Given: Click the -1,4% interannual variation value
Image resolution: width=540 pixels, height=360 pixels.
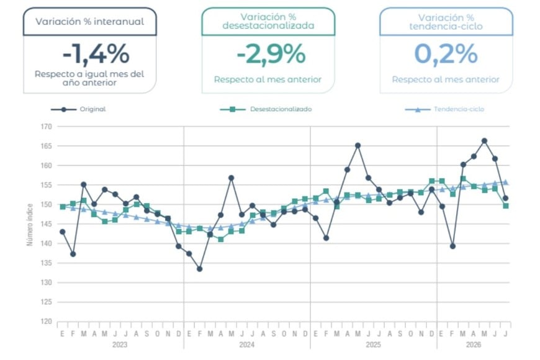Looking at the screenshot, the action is point(96,54).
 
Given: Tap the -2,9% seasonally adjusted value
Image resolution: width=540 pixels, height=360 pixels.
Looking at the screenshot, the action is point(271,54).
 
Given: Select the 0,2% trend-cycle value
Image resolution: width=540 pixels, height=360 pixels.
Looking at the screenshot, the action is point(446,54).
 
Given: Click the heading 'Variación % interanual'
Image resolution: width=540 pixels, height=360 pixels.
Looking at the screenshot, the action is point(90,21).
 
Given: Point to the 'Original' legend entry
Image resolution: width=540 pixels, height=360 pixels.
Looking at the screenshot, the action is point(79,109).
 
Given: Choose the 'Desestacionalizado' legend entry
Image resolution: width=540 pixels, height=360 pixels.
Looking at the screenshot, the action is point(266,109).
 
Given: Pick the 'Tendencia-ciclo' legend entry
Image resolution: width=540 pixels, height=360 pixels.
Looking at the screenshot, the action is point(444,109).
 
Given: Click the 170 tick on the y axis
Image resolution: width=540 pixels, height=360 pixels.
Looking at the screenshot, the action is point(46,127).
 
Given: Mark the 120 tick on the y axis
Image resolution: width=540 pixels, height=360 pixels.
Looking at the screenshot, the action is point(46,322).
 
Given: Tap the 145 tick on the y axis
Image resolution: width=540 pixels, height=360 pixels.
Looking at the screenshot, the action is point(46,224).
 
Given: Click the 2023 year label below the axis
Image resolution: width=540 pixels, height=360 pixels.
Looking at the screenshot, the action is point(120,344).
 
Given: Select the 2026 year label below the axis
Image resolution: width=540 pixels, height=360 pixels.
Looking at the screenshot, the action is point(474,344).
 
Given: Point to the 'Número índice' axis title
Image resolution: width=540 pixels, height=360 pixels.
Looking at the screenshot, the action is point(30,225).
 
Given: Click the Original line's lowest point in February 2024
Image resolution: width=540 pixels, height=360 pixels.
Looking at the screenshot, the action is point(200,269).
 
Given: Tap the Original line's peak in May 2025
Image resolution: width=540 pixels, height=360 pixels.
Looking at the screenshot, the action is point(358,145).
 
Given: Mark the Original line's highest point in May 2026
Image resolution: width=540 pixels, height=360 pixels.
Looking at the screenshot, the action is point(484,140).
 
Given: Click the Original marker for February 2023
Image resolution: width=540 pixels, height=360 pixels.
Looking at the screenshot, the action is point(73,254).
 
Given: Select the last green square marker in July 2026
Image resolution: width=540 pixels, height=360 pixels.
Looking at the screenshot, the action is point(506,205).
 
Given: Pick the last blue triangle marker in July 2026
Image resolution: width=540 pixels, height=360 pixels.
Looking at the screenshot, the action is point(506,182).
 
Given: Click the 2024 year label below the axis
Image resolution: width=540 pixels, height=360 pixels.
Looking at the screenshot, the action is point(246,344).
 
